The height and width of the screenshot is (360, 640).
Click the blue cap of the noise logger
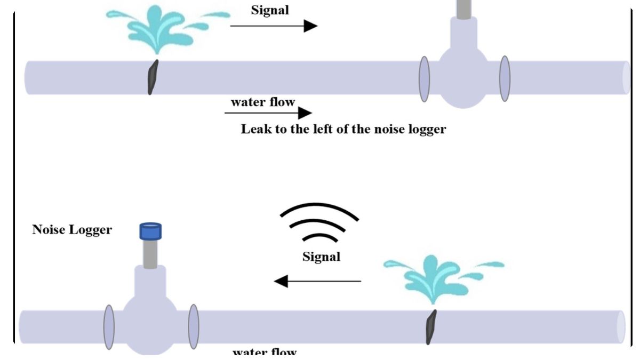[150, 231]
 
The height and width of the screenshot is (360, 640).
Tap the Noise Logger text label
[72, 230]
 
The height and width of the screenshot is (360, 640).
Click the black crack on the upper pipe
[153, 77]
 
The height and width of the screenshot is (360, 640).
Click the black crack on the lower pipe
[430, 327]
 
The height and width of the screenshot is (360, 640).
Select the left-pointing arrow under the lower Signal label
[318, 281]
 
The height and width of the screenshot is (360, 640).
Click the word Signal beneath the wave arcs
[321, 257]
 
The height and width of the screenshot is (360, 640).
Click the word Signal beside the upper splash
[270, 10]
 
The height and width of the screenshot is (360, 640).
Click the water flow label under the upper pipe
[262, 101]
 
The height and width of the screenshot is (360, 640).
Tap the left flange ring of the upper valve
[424, 78]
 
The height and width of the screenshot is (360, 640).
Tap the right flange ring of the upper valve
[505, 78]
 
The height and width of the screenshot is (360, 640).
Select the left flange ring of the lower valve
[109, 327]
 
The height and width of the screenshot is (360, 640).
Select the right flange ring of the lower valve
[194, 327]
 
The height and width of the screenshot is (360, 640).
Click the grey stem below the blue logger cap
[150, 253]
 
